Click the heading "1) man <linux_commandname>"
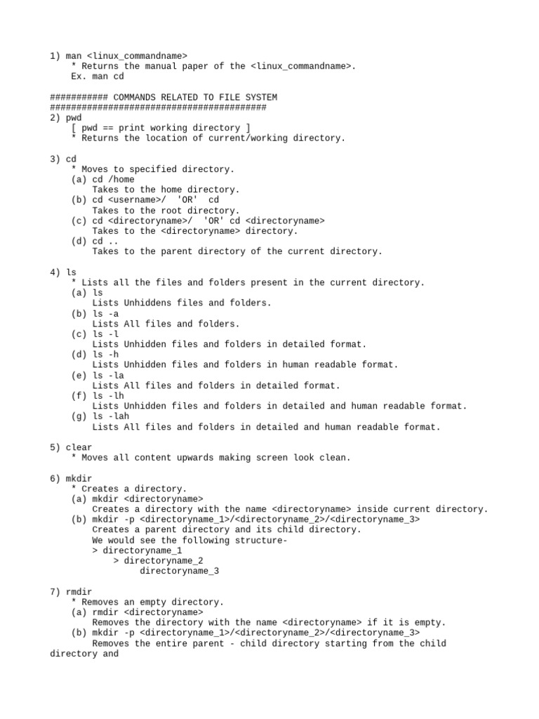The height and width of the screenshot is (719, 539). pyautogui.click(x=119, y=55)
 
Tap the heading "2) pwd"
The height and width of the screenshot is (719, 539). pyautogui.click(x=66, y=117)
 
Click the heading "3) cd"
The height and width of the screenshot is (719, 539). pyautogui.click(x=63, y=159)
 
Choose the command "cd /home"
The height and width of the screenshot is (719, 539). pyautogui.click(x=113, y=179)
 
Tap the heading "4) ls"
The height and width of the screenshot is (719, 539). pyautogui.click(x=63, y=272)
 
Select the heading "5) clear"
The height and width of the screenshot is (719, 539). pyautogui.click(x=71, y=447)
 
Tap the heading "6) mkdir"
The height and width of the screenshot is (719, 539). pyautogui.click(x=71, y=478)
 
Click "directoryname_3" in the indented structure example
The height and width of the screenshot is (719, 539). pyautogui.click(x=179, y=571)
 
